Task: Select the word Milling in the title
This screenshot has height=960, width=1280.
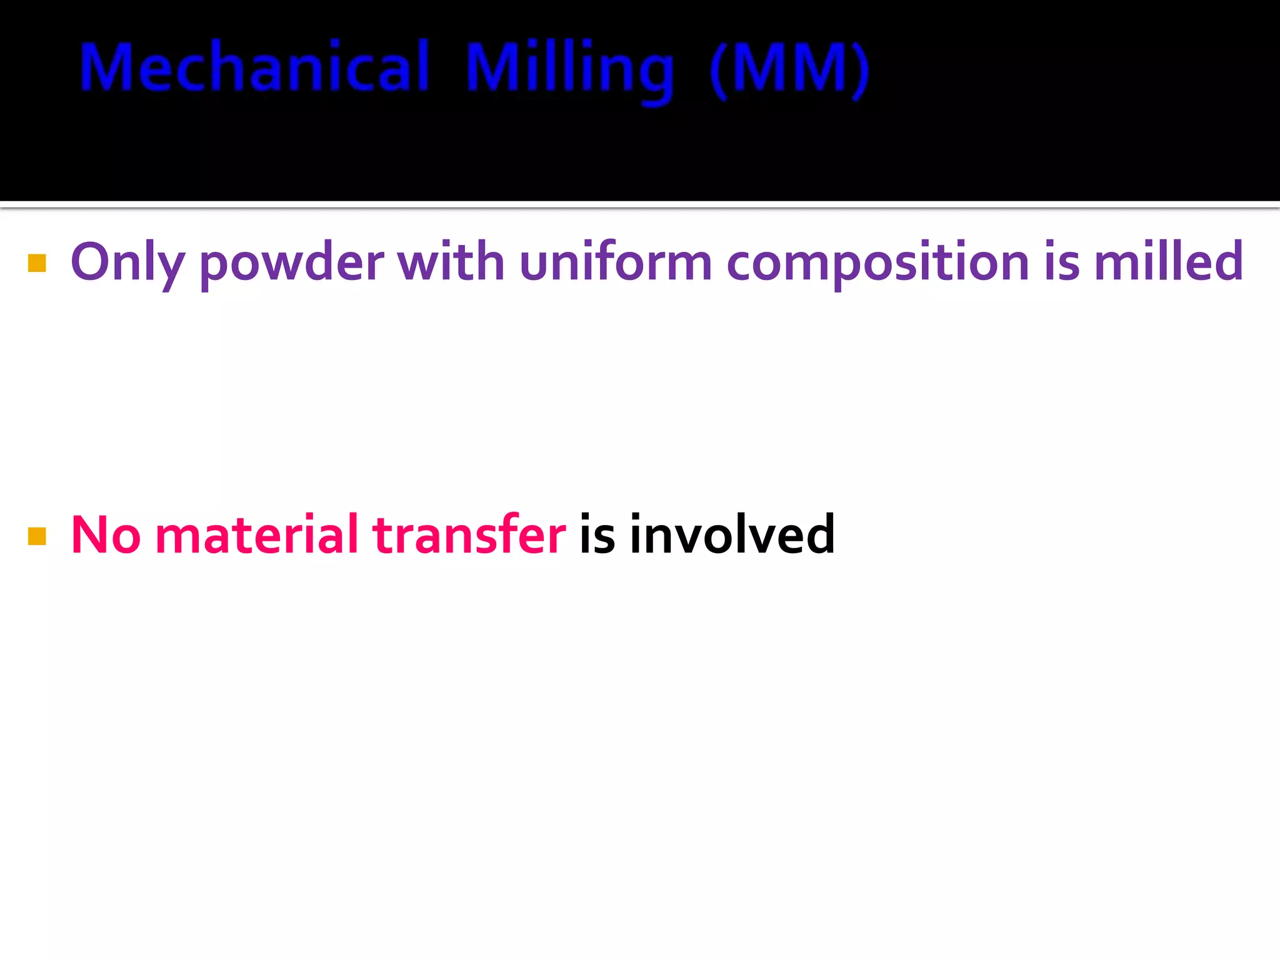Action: coord(570,70)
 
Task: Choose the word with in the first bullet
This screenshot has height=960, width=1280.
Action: coord(451,261)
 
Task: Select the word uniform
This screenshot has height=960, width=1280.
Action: coord(616,261)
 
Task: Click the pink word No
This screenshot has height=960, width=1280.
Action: coord(106,535)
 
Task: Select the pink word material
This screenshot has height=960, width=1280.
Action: coord(256,535)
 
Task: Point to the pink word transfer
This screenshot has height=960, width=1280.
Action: coord(469,535)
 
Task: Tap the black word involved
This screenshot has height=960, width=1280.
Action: coord(732,535)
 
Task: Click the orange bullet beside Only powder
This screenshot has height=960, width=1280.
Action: coord(37,264)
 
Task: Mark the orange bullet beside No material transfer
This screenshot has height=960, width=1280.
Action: coord(37,536)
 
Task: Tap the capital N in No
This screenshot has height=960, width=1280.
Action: coord(91,535)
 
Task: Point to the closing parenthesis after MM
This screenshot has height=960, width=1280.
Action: coord(861,70)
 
